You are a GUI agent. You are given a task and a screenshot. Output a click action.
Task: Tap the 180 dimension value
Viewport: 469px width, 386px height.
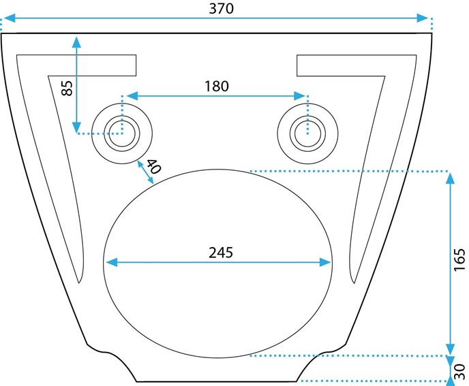(x=216, y=86)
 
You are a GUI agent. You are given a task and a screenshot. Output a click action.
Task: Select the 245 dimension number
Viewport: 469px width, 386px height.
(x=220, y=252)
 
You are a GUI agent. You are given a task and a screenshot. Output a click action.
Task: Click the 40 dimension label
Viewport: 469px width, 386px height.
(x=153, y=166)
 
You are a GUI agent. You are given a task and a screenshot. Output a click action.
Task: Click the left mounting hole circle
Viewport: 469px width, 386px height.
(x=122, y=131)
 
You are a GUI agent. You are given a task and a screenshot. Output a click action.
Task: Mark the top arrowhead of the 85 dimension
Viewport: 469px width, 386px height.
(x=76, y=41)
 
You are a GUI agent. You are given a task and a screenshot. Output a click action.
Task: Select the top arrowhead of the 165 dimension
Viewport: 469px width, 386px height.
(x=450, y=178)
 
